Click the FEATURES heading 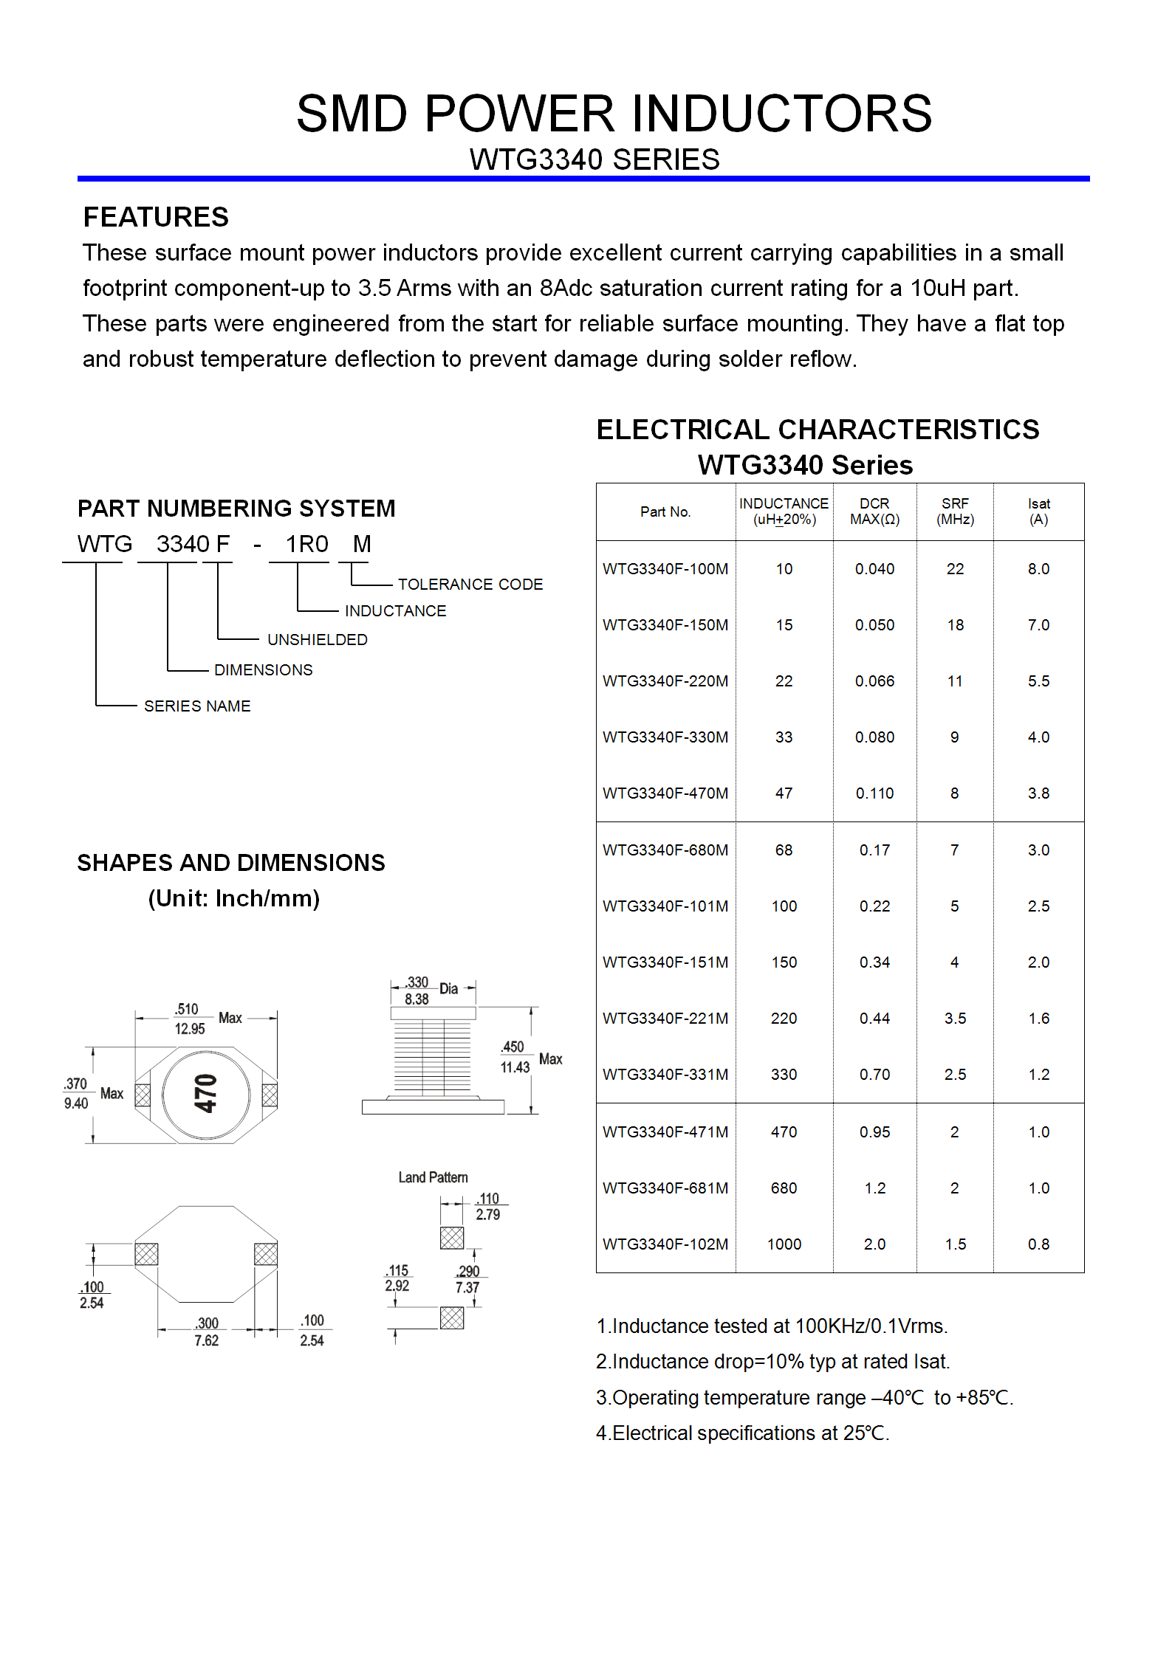(x=156, y=218)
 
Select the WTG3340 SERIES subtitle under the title (x=594, y=159)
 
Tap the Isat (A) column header (x=1038, y=511)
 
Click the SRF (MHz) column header (x=955, y=511)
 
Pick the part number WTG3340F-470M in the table (x=665, y=793)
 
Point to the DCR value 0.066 (x=874, y=681)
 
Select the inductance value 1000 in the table (x=784, y=1244)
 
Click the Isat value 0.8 (x=1038, y=1244)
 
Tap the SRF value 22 (x=955, y=569)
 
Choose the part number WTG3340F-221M (x=665, y=1019)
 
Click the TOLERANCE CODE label (x=470, y=585)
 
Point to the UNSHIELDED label (x=318, y=640)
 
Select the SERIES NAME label (x=197, y=706)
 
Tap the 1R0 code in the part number (x=306, y=544)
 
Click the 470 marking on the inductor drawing (x=205, y=1094)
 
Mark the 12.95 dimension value (x=190, y=1029)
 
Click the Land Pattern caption (x=433, y=1177)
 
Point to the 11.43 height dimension (x=515, y=1067)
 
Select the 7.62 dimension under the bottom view (x=207, y=1340)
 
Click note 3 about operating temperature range (x=805, y=1398)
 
